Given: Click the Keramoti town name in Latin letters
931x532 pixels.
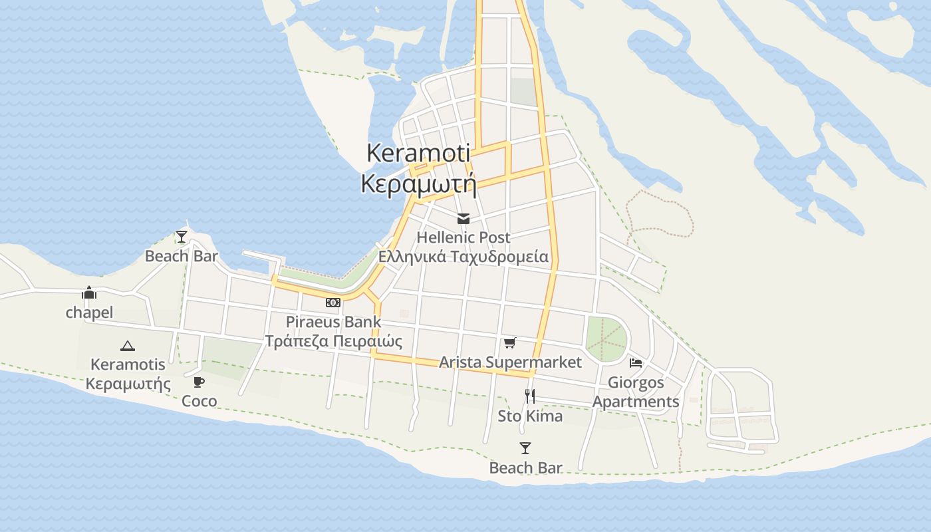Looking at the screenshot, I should pyautogui.click(x=418, y=153).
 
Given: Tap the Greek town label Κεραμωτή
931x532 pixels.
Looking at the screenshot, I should pyautogui.click(x=418, y=184).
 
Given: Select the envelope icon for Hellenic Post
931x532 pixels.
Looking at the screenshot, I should pyautogui.click(x=464, y=219).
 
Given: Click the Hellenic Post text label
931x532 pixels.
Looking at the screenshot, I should pyautogui.click(x=464, y=237).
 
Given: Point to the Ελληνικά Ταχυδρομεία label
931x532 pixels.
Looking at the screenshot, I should pyautogui.click(x=464, y=257).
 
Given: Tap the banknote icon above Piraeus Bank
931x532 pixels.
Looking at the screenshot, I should pyautogui.click(x=333, y=303).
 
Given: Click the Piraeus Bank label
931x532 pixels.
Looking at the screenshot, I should pyautogui.click(x=333, y=323).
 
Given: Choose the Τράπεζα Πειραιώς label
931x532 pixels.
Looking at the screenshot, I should pyautogui.click(x=333, y=342).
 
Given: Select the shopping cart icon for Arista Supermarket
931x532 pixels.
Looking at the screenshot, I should pyautogui.click(x=509, y=343).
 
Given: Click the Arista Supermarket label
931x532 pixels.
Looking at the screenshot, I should pyautogui.click(x=510, y=362).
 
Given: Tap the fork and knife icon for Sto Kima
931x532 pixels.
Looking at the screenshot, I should pyautogui.click(x=530, y=396).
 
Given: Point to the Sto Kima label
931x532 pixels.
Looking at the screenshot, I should pyautogui.click(x=530, y=416).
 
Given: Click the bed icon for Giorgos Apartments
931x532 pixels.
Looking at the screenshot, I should pyautogui.click(x=636, y=363).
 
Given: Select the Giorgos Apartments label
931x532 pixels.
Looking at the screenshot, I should pyautogui.click(x=636, y=392).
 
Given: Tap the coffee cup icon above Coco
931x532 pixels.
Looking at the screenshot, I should pyautogui.click(x=199, y=382).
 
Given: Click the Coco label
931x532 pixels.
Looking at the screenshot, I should pyautogui.click(x=199, y=401).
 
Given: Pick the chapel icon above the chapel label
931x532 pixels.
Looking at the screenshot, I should pyautogui.click(x=89, y=293).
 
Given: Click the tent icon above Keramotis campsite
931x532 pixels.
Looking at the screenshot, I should pyautogui.click(x=128, y=346).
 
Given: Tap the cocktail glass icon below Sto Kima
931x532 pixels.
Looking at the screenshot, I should pyautogui.click(x=525, y=448).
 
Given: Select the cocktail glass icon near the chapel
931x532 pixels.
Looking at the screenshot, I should pyautogui.click(x=182, y=237).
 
